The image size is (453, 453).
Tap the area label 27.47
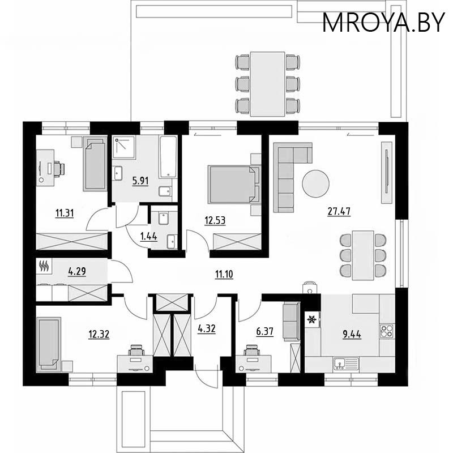point(339,212)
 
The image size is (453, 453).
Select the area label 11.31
point(63,213)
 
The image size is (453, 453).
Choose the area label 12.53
point(215,220)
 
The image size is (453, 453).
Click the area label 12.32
point(98,333)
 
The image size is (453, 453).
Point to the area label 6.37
point(264,332)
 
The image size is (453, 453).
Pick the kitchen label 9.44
point(352,333)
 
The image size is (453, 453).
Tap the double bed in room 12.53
point(234,184)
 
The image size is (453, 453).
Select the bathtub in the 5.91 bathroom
point(168,157)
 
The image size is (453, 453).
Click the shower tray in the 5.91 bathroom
point(122,148)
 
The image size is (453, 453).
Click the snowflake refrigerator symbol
point(310,320)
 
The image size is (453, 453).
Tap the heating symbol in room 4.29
point(44,265)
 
